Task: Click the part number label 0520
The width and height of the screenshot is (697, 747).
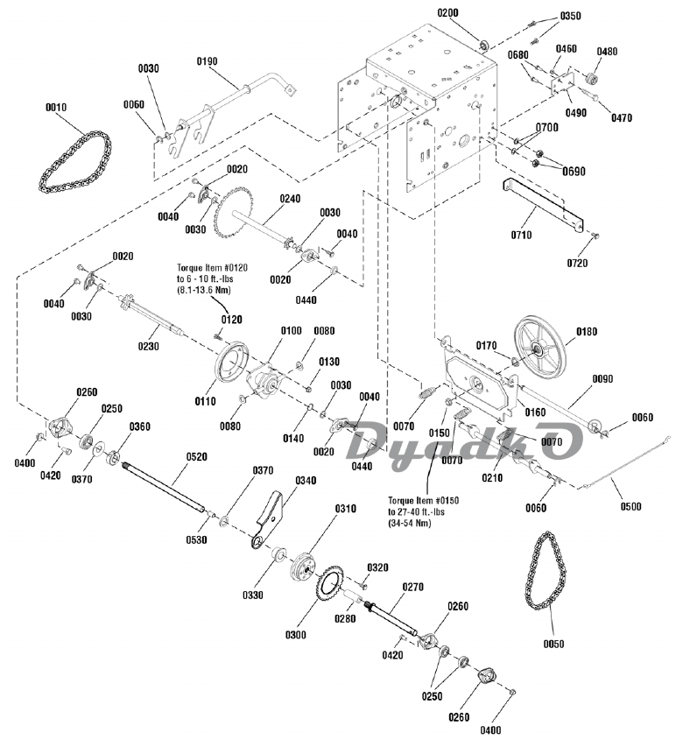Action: point(196,456)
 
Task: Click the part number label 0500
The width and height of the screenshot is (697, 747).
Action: point(630,506)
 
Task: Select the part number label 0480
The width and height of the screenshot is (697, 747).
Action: point(607,52)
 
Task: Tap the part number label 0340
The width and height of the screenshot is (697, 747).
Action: point(306,480)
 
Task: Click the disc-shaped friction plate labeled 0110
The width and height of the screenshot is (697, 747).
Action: point(232,366)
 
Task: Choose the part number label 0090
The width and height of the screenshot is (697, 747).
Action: point(603,378)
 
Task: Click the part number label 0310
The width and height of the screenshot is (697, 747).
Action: point(346,509)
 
